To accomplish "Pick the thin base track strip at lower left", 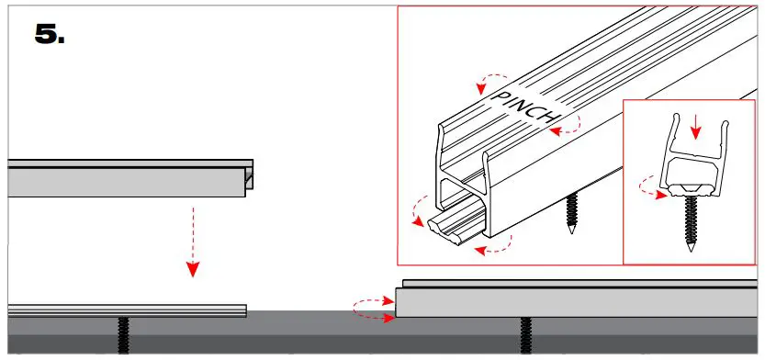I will point(127,310).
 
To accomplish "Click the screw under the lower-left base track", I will point(122,335).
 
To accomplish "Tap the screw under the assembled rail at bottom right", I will point(525,336).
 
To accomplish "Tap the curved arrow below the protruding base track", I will point(489,246).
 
